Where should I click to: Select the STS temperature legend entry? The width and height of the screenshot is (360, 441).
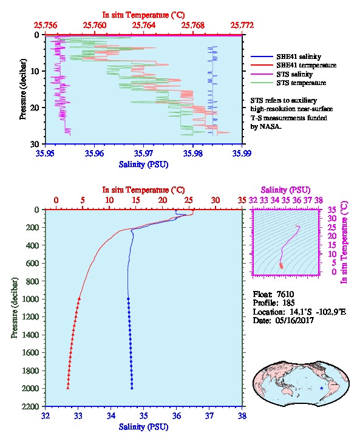pos(288,83)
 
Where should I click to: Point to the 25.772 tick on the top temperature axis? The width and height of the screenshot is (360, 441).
pos(242,26)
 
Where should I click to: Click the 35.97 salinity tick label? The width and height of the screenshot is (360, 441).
pos(144,153)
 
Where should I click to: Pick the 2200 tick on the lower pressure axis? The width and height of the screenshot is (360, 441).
pos(31,406)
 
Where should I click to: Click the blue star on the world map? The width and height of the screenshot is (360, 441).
pos(322,388)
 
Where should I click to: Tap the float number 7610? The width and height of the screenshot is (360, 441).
pos(285,294)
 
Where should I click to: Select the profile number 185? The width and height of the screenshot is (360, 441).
pos(288,303)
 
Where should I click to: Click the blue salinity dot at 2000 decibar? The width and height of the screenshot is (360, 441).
pos(132,388)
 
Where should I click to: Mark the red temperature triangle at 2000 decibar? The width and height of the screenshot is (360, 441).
pos(68,388)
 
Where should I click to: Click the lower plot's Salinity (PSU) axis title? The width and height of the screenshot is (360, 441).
pos(144,427)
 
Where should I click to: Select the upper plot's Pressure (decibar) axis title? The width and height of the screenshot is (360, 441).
pos(23,89)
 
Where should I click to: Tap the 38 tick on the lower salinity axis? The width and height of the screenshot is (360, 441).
pos(242,415)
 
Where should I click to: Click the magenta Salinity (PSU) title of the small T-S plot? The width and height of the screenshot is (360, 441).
pos(285,190)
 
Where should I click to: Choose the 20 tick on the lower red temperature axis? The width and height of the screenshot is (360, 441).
pos(162,200)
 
